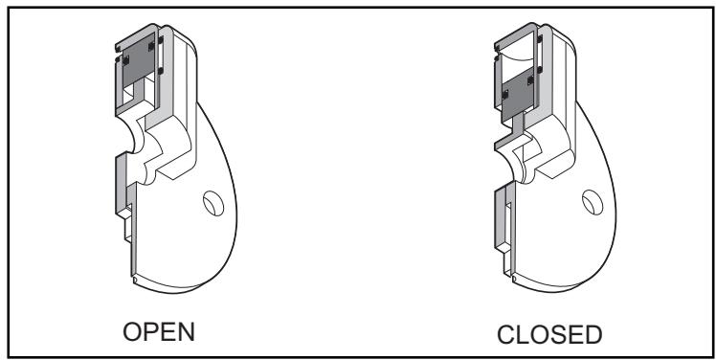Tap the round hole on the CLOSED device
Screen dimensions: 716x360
tap(590, 204)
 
